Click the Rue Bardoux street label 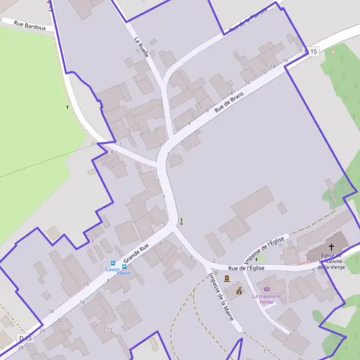[x=27, y=26]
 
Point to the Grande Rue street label [x=136, y=254]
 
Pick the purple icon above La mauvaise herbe [x=267, y=289]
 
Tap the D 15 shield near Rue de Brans [x=310, y=52]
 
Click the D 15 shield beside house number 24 [x=25, y=339]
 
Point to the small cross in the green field [x=67, y=107]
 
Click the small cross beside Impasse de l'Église [x=256, y=259]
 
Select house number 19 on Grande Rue [x=51, y=311]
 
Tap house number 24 [x=42, y=330]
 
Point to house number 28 [x=20, y=347]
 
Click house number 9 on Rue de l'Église [x=313, y=270]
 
